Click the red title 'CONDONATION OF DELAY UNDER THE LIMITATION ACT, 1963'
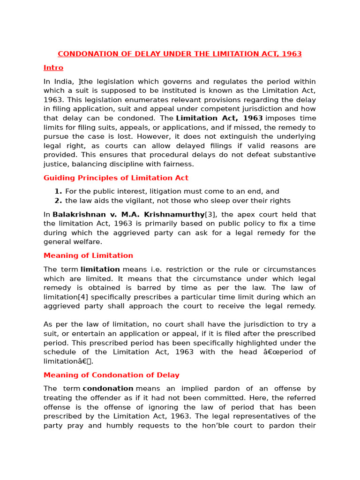pos(180,54)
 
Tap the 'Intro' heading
pos(53,67)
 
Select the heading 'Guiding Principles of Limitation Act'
pos(116,178)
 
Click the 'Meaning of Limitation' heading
pos(88,255)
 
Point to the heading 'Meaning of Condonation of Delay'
pos(111,375)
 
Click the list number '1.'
pos(58,191)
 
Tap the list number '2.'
pos(58,201)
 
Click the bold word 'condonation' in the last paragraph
pos(108,389)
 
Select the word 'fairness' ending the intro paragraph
pos(179,164)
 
